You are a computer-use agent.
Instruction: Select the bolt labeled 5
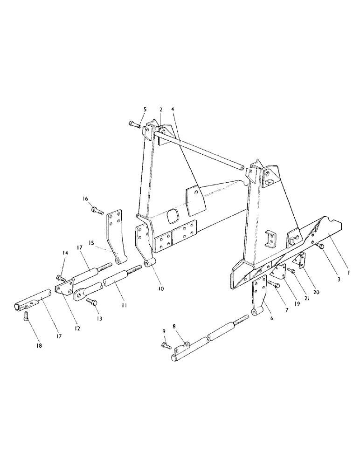point(134,124)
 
